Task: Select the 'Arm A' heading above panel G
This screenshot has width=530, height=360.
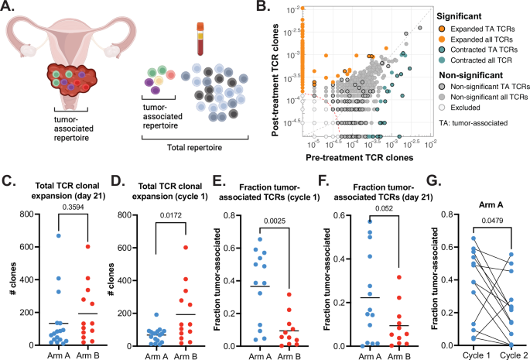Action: point(484,187)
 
